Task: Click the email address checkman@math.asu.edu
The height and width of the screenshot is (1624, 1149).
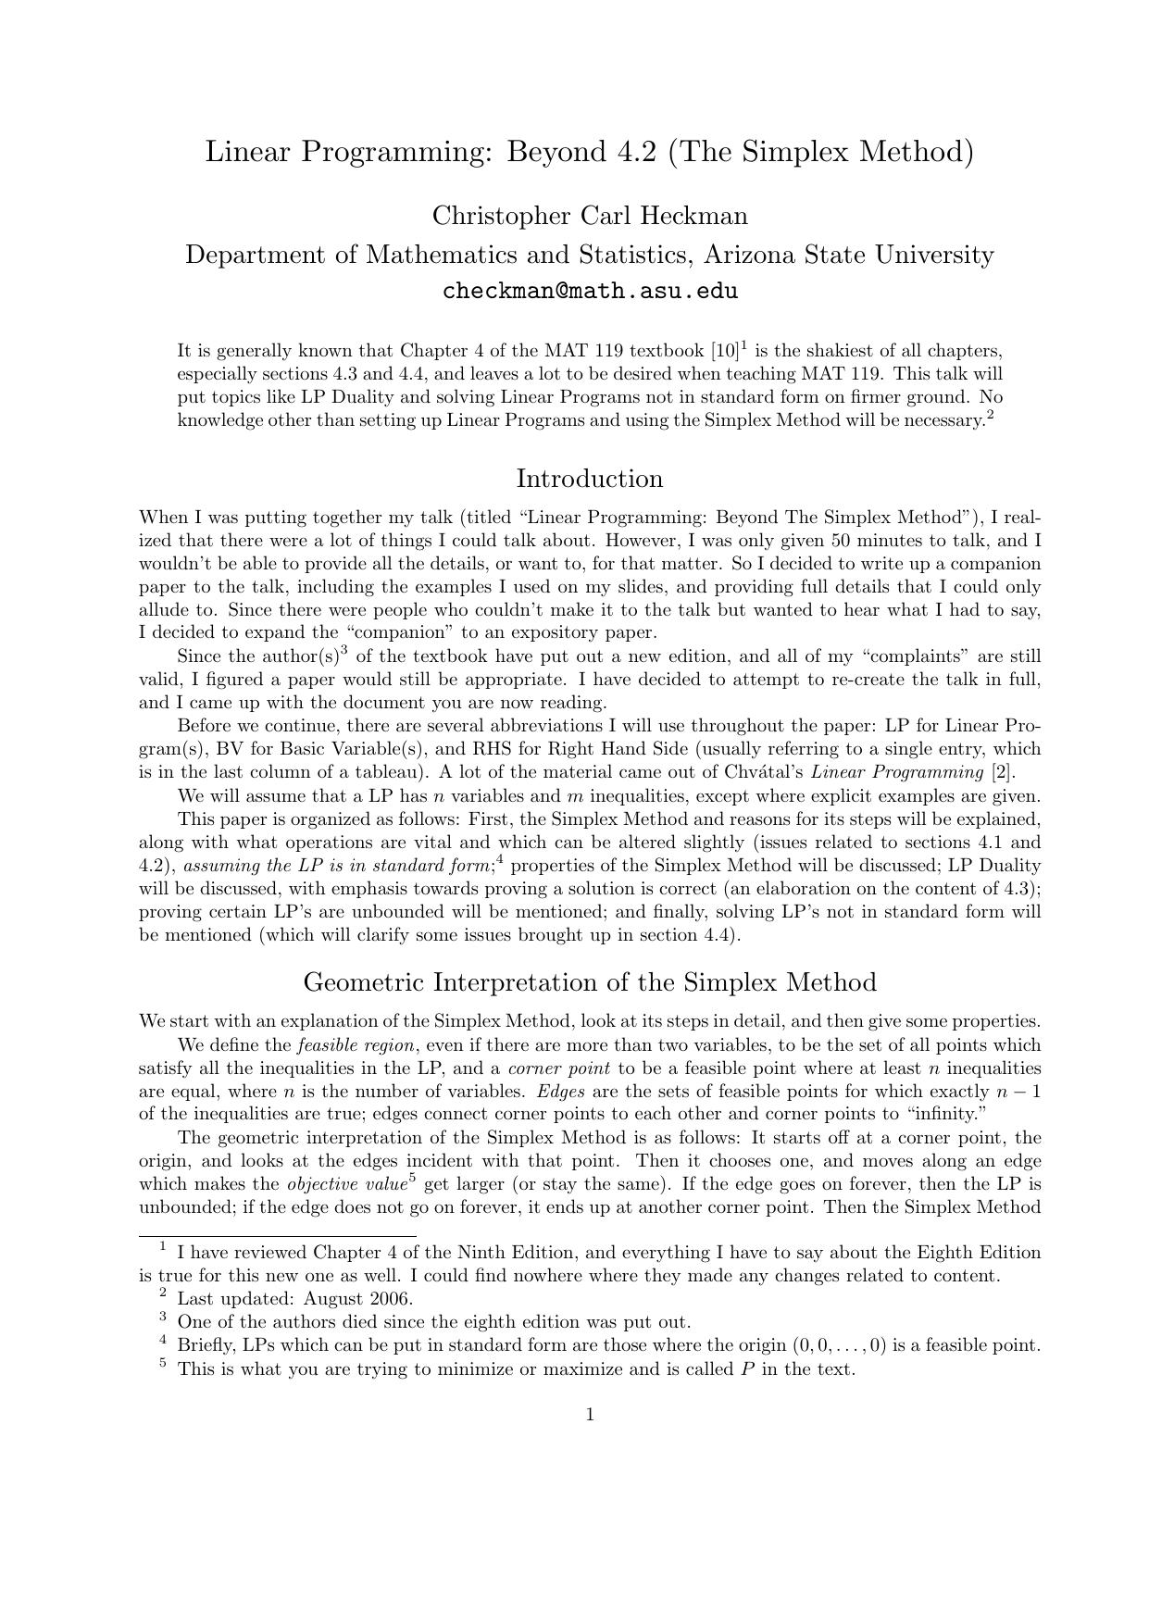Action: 590,291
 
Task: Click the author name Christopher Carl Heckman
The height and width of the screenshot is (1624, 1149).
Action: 590,216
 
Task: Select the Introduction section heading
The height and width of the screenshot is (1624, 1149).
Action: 589,479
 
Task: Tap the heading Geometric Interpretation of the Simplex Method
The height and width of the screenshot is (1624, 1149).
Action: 589,981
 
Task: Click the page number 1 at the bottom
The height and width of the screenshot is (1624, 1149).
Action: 590,1414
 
